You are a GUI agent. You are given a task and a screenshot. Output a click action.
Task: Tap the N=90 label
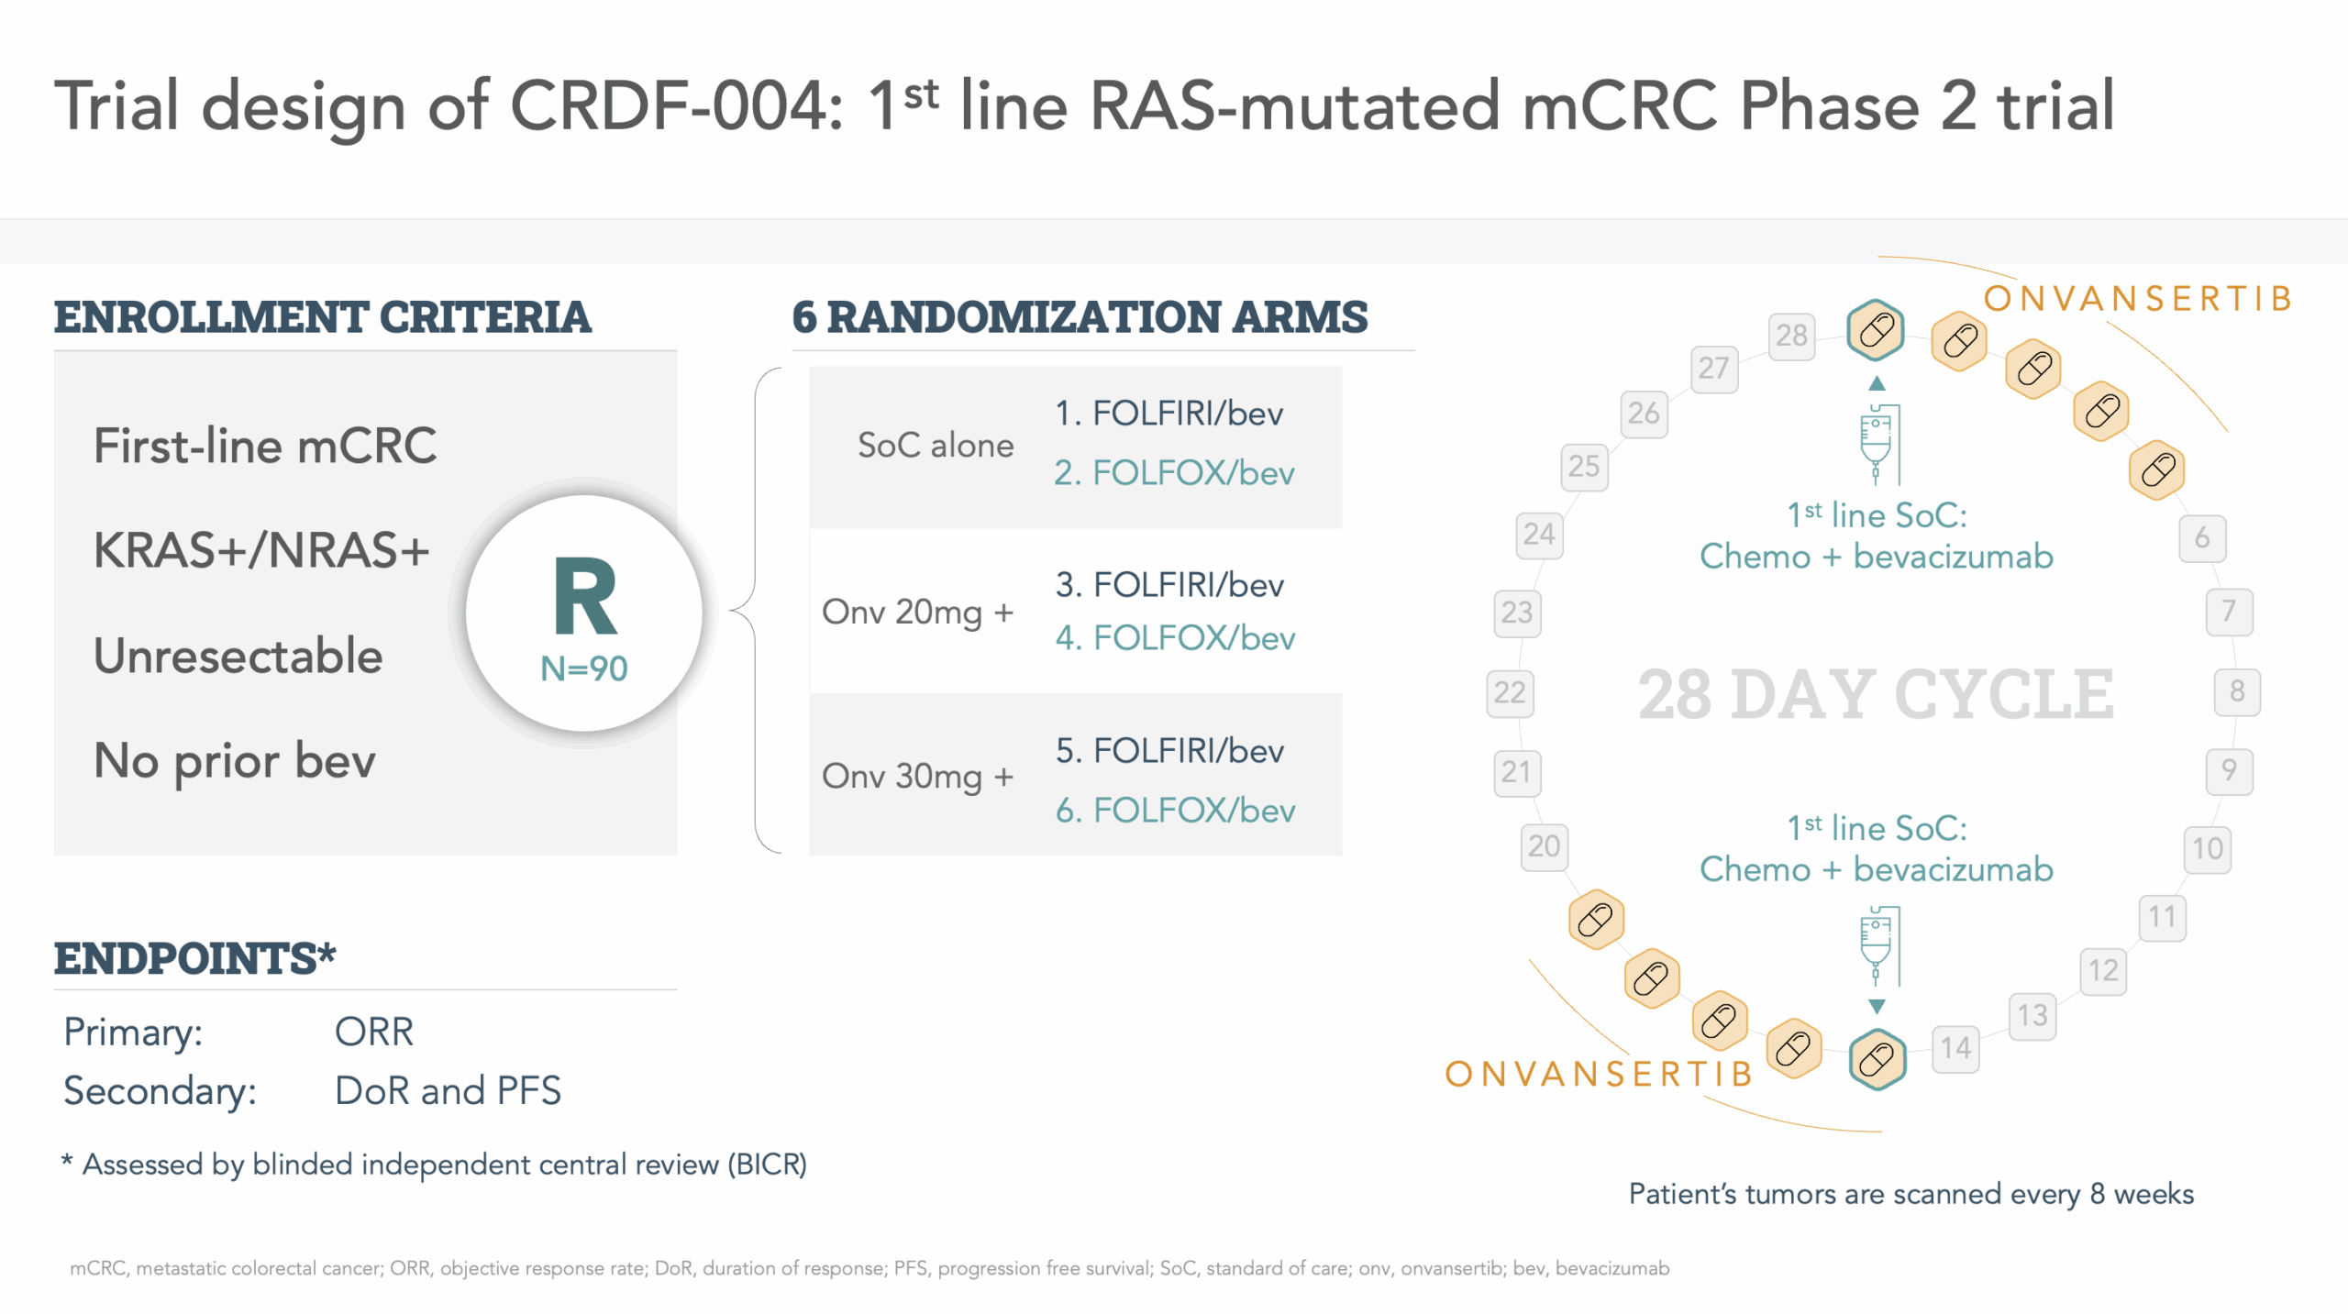(584, 668)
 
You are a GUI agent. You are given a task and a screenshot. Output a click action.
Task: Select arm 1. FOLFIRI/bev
(1168, 414)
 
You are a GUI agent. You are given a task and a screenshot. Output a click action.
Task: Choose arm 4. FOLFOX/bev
(1175, 637)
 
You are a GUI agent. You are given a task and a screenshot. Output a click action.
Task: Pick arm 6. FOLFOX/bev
(1175, 810)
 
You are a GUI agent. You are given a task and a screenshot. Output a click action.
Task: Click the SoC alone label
(936, 445)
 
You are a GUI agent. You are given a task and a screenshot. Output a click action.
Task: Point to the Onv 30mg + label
(917, 776)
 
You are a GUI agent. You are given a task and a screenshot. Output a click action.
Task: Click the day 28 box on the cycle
(1791, 335)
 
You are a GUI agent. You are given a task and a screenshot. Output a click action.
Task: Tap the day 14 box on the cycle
(1955, 1048)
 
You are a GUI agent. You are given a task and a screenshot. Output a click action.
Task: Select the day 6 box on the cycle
(2202, 537)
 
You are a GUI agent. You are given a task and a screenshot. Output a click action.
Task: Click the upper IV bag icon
(1878, 444)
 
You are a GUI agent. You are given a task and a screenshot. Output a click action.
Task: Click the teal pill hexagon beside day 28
(1877, 330)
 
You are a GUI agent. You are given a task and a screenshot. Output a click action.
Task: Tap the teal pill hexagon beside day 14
(1877, 1059)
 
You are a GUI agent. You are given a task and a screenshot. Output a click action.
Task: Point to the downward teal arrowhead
(1877, 1006)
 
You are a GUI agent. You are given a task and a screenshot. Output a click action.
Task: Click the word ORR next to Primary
(374, 1032)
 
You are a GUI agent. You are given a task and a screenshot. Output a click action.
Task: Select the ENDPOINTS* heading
(195, 958)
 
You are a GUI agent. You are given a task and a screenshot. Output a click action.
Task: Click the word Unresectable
(238, 656)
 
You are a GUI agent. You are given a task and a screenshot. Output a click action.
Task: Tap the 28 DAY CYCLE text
(1877, 694)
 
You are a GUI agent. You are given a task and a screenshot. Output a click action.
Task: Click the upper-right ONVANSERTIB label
(2138, 299)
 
